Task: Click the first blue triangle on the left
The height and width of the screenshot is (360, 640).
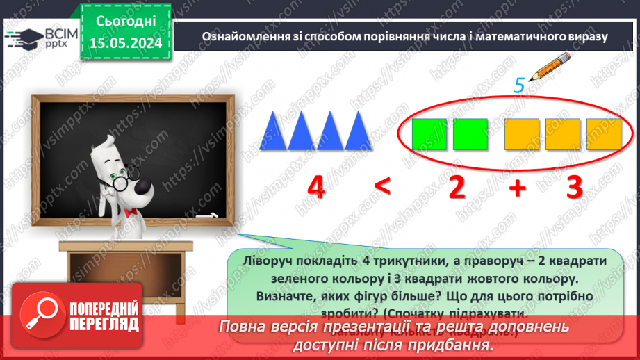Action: coord(273,132)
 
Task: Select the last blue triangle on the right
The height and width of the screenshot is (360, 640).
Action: coord(359,132)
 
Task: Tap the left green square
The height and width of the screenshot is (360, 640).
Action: coord(429,134)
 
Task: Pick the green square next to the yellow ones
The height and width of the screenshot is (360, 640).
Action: coord(470,134)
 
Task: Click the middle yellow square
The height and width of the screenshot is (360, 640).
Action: coord(562,134)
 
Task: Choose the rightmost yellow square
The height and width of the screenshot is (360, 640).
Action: coord(603,134)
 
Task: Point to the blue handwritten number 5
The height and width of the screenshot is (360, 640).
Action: coord(518,85)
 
